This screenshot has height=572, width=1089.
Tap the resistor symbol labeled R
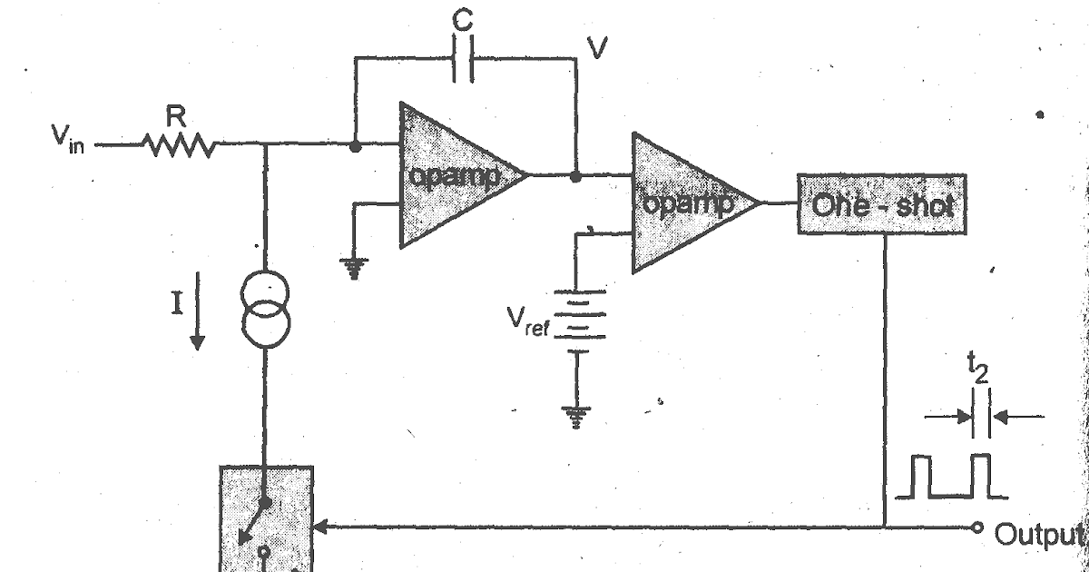coord(177,144)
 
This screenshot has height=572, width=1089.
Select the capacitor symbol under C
coord(461,58)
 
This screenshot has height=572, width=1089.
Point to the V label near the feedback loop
coord(595,48)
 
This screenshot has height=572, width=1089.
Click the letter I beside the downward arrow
coord(179,300)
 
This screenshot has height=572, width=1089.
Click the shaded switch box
coord(267,518)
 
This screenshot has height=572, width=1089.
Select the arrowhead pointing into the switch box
coord(321,526)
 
